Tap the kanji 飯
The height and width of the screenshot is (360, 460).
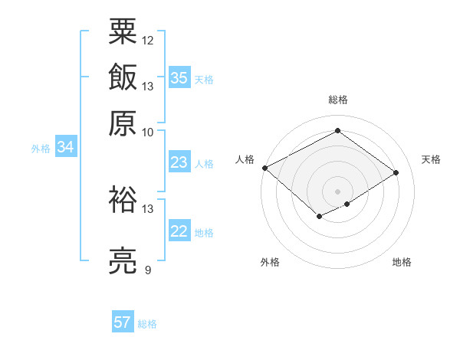(x=123, y=77)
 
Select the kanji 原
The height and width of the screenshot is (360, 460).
(x=123, y=123)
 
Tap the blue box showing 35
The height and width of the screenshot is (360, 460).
(x=179, y=77)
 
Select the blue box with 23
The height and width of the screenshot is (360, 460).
(x=179, y=162)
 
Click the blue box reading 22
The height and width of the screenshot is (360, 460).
(x=179, y=231)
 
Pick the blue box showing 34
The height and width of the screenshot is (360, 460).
(x=65, y=148)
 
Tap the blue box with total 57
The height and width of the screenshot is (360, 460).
(x=123, y=322)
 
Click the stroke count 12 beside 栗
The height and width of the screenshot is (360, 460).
(x=148, y=40)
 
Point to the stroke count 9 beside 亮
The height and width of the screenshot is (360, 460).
(x=147, y=270)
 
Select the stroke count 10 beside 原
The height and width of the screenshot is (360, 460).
(x=148, y=131)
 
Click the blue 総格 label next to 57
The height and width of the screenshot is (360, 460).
(x=147, y=324)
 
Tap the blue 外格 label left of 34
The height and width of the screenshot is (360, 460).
(x=41, y=149)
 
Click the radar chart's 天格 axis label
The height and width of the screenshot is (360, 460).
(x=431, y=159)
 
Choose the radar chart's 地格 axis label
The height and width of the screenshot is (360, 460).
(x=402, y=262)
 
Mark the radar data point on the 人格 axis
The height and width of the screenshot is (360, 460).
(x=264, y=168)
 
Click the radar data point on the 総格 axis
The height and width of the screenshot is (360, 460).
(x=337, y=131)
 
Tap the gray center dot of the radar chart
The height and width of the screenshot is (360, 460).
(x=337, y=191)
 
